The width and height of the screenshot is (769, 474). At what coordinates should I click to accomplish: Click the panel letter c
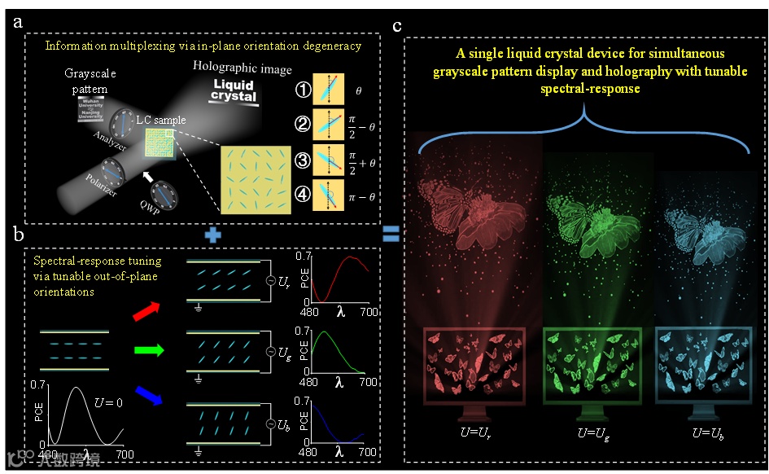point(397,25)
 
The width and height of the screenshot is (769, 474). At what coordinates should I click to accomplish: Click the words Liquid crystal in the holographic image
point(234,90)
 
